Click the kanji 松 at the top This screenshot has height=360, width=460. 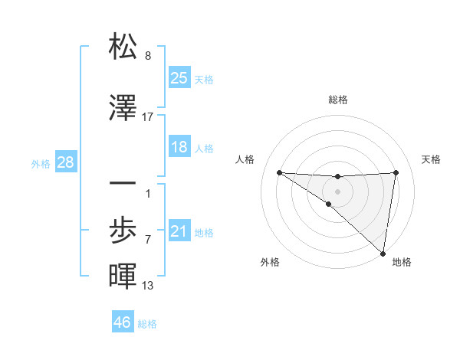[x=123, y=47]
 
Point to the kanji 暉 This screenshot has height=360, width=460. [x=123, y=276]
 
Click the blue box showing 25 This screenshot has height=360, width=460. [x=179, y=77]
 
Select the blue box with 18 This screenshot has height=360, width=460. [x=179, y=147]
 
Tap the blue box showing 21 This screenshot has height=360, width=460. [x=179, y=231]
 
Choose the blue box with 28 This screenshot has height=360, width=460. [x=65, y=162]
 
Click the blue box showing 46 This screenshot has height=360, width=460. [x=123, y=322]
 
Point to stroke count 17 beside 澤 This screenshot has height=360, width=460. [x=148, y=117]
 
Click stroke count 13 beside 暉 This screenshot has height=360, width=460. [x=148, y=286]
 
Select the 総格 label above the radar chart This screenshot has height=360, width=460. [x=338, y=100]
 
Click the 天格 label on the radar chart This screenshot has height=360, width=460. [x=431, y=159]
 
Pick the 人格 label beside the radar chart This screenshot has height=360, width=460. [x=245, y=159]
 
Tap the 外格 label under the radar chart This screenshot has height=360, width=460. [x=270, y=263]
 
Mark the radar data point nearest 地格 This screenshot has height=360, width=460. [x=383, y=253]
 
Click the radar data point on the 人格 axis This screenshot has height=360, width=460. [x=279, y=172]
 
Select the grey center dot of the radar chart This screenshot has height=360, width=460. [x=338, y=191]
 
